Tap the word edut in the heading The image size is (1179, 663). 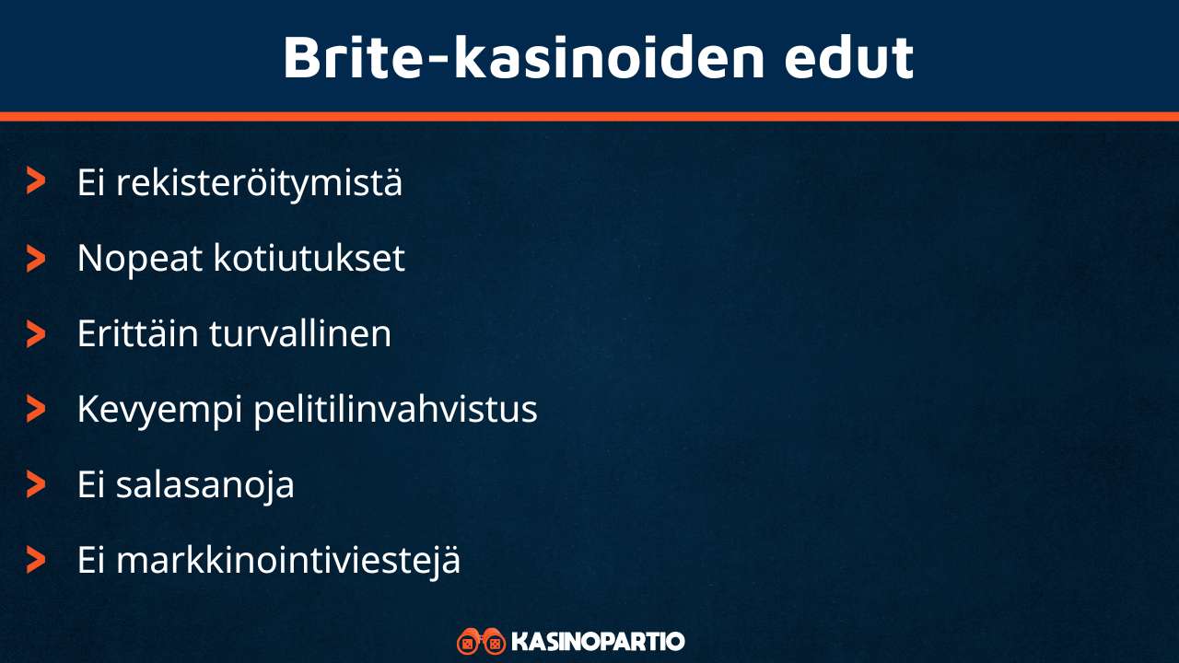[x=848, y=57]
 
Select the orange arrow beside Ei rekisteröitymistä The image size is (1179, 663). [x=36, y=181]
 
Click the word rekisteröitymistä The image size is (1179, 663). [x=259, y=182]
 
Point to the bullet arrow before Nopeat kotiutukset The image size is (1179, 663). [x=36, y=258]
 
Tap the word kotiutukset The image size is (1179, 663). [x=309, y=259]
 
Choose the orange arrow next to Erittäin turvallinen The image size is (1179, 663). [x=36, y=333]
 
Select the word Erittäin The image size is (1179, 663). [x=137, y=333]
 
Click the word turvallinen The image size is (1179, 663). [x=300, y=333]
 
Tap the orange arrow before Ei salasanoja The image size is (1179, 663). [x=36, y=483]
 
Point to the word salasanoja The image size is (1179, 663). [x=204, y=484]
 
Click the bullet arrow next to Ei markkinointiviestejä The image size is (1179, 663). [x=36, y=559]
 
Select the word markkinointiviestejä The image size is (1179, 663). [x=287, y=560]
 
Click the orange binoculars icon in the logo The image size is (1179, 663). [x=481, y=641]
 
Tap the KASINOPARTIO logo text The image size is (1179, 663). [x=597, y=641]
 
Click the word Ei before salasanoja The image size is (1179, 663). [x=91, y=484]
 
